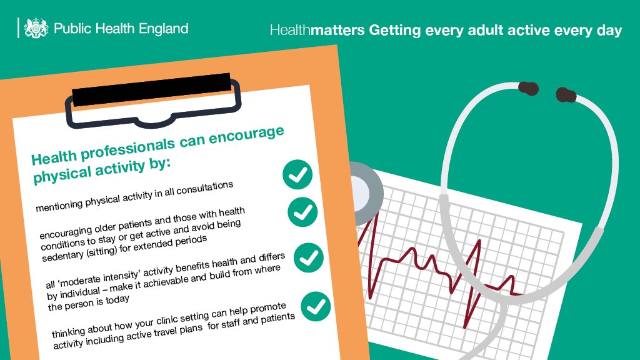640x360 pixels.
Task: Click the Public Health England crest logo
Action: click(36, 28)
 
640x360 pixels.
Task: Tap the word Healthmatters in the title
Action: click(317, 30)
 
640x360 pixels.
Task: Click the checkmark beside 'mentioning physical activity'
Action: click(297, 174)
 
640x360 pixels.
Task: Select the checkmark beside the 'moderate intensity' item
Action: click(309, 257)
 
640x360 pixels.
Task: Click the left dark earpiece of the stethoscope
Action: click(529, 87)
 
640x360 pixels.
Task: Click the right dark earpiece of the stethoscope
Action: click(566, 95)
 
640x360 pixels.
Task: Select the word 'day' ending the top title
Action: click(610, 30)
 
